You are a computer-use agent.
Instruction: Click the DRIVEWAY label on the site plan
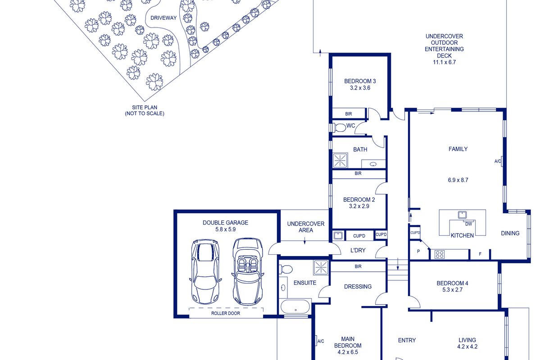[x=163, y=18]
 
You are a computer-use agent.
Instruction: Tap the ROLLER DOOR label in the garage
[x=226, y=313]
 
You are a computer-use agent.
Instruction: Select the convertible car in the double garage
[x=248, y=272]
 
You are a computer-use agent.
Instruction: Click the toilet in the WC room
[x=339, y=128]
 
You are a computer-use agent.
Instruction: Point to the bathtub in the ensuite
[x=295, y=306]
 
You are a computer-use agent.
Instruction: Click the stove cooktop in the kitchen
[x=440, y=254]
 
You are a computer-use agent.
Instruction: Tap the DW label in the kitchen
[x=468, y=224]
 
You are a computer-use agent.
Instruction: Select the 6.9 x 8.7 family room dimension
[x=458, y=180]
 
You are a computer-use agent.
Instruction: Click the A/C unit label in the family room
[x=497, y=161]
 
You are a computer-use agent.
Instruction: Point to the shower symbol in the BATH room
[x=340, y=160]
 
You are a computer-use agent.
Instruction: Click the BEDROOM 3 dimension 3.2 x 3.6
[x=360, y=88]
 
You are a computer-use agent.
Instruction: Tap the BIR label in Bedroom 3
[x=348, y=114]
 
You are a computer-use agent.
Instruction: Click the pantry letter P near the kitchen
[x=418, y=251]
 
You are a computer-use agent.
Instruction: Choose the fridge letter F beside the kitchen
[x=480, y=254]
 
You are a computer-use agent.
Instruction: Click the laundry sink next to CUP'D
[x=338, y=235]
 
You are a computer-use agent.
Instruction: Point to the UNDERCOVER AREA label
[x=306, y=227]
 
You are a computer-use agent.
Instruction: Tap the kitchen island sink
[x=462, y=215]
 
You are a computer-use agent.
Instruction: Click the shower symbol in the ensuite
[x=321, y=267]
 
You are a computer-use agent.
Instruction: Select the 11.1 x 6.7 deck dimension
[x=444, y=62]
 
